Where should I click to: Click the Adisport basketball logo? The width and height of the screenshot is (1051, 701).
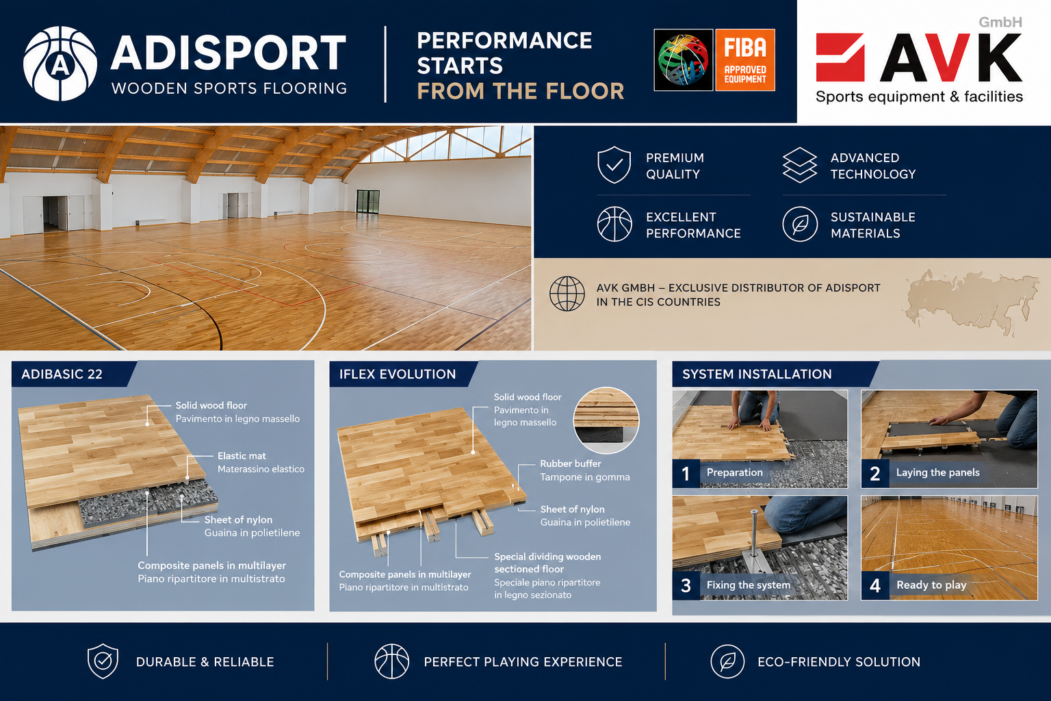(x=60, y=64)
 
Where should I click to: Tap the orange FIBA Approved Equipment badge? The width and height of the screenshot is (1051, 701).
(x=744, y=60)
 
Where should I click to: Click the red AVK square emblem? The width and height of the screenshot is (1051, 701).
(x=840, y=58)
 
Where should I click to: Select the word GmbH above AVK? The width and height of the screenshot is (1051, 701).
(x=1000, y=22)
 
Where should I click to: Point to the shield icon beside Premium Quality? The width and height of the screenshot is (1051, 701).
(x=614, y=165)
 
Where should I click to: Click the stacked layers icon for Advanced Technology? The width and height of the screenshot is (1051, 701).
(x=799, y=165)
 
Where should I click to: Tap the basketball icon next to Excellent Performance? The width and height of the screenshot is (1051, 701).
(x=614, y=224)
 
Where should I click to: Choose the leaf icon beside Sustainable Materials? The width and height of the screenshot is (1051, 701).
(x=800, y=224)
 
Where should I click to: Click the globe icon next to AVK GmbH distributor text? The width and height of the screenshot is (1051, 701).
(x=567, y=294)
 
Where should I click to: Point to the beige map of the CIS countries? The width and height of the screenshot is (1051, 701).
(x=971, y=301)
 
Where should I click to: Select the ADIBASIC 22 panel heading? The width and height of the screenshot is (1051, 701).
(x=62, y=374)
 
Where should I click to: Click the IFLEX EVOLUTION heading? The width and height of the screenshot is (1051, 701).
(x=398, y=374)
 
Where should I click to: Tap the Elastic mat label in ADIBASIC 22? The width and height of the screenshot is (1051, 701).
(x=242, y=455)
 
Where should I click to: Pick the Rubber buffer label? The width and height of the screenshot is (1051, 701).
(x=571, y=463)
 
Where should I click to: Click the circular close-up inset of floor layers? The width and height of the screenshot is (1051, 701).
(x=606, y=420)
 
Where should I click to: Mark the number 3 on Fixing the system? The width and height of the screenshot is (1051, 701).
(x=686, y=585)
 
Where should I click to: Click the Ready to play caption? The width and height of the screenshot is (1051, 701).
(x=931, y=585)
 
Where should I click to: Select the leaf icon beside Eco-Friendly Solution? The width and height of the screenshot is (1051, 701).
(x=727, y=661)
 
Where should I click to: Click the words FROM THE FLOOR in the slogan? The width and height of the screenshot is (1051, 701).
(x=521, y=91)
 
